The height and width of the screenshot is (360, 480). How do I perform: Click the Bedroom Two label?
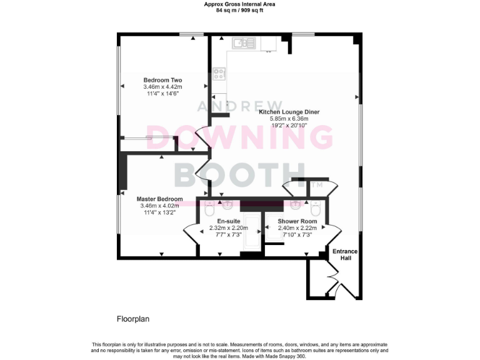[162, 80]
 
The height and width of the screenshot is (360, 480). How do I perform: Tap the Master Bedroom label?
[160, 199]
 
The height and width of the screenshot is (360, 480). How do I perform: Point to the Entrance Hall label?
[344, 254]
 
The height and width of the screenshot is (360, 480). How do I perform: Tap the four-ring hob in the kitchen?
[219, 74]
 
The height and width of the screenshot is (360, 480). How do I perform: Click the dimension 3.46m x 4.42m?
[162, 87]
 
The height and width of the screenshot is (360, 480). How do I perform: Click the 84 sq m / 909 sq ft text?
[240, 11]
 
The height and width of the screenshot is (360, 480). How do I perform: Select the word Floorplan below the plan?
[133, 319]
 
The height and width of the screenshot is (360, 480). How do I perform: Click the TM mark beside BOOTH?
[317, 185]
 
